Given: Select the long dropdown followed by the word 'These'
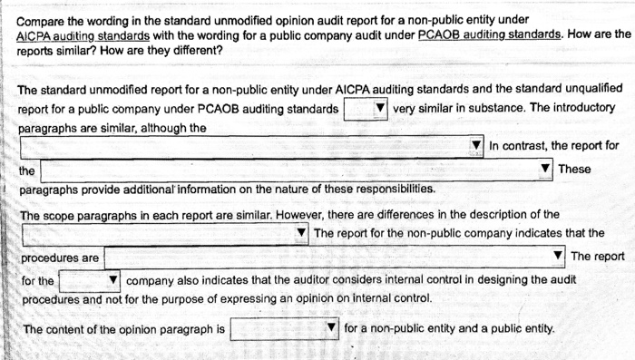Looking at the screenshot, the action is [295, 170].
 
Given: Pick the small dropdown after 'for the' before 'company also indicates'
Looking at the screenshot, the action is [90, 281].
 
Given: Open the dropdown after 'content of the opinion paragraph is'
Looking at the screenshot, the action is [284, 329].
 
